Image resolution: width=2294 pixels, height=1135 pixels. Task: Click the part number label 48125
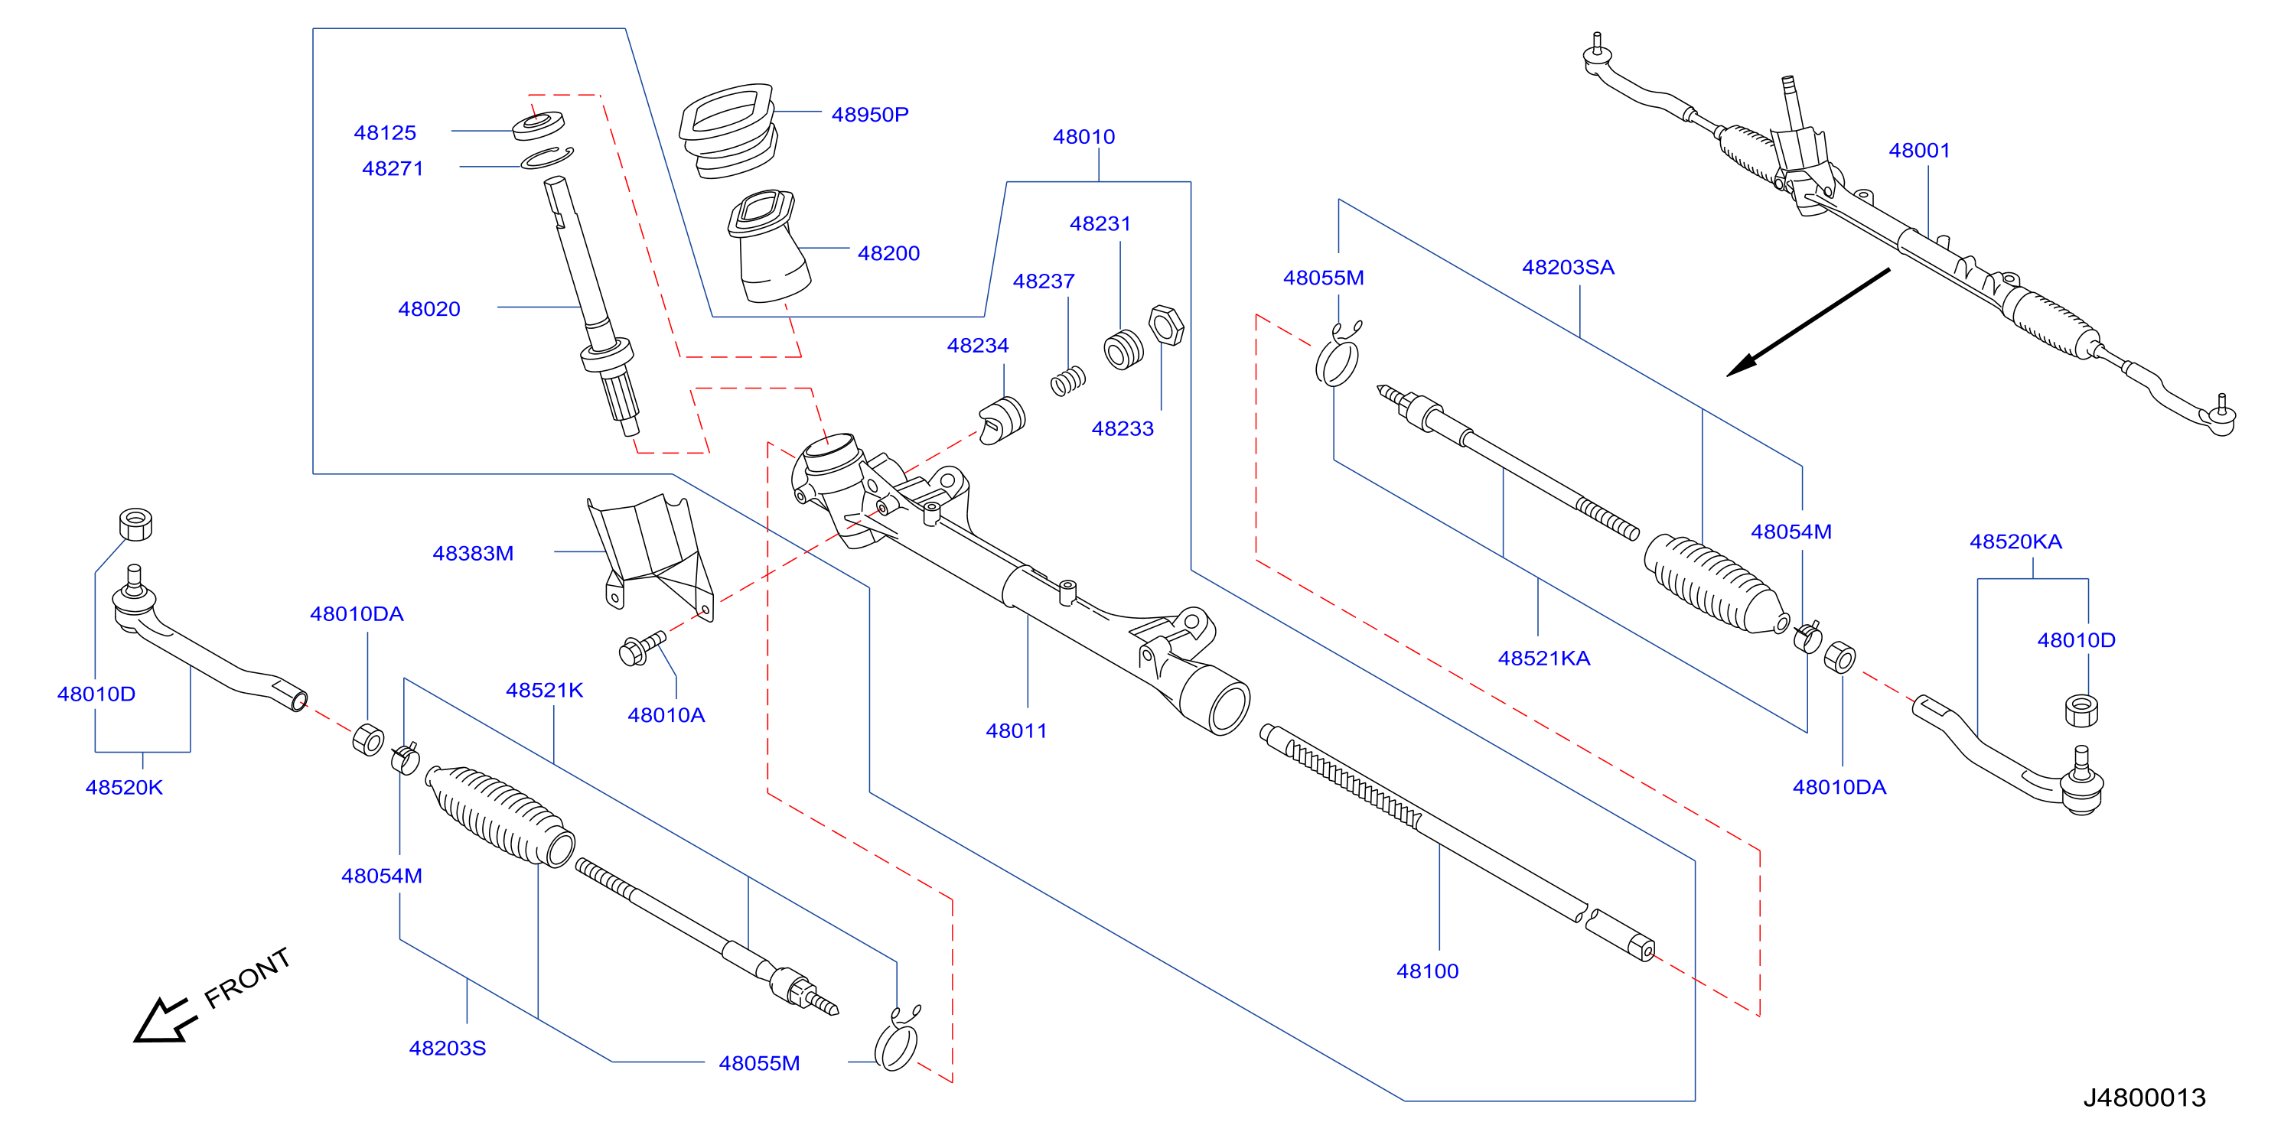coord(385,132)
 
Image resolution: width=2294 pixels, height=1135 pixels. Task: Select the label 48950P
coord(870,115)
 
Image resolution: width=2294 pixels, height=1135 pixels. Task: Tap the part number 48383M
coord(473,554)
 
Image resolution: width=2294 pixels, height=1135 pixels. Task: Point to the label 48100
coord(1428,971)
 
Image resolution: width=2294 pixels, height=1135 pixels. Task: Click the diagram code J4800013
coord(2144,1098)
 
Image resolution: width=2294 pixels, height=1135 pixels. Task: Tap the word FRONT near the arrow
coord(248,977)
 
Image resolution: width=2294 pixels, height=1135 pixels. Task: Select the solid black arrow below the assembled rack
coord(1808,322)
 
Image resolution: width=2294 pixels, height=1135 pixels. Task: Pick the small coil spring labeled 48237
coord(1067,381)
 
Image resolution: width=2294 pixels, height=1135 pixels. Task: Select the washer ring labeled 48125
coord(539,125)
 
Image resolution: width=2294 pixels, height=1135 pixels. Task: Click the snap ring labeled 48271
coord(548,158)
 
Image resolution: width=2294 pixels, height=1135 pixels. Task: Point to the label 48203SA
coord(1568,267)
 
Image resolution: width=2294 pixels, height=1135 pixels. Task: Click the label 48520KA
coord(2016,541)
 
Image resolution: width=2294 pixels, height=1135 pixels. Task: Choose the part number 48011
coord(1016,731)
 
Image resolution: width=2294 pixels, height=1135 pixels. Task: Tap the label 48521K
coord(544,690)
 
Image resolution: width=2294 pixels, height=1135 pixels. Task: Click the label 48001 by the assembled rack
coord(1919,151)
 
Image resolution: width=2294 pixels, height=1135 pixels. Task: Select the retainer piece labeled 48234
coord(1002,420)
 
